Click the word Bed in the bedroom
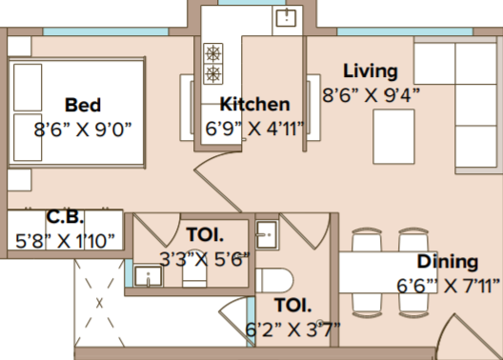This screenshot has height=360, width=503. coord(83,105)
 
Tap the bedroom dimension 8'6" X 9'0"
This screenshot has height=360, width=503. coord(83,130)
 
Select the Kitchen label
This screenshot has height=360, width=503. coord(254,104)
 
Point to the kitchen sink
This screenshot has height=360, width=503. coord(286,18)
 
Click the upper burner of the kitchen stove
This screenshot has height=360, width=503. coord(213,53)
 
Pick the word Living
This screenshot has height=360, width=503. coord(371,71)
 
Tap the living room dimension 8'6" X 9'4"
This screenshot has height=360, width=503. coord(372,95)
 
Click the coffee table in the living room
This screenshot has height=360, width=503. coord(393,136)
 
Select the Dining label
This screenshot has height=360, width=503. coord(448,262)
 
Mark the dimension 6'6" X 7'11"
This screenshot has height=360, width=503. coord(449,286)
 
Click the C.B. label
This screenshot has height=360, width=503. coord(65,217)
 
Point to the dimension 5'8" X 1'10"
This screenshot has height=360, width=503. coord(65,241)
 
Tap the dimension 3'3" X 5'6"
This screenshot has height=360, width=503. coord(205,259)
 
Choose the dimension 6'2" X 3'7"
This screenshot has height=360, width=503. coord(292,330)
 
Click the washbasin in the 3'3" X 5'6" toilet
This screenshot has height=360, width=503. coord(149,276)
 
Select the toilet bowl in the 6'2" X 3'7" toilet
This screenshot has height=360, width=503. coord(274,281)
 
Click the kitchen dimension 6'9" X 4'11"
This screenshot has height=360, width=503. coord(254,129)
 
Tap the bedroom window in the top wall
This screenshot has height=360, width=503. coord(106,31)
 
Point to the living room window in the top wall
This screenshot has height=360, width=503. coord(405,31)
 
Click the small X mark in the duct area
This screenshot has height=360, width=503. coord(99,303)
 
